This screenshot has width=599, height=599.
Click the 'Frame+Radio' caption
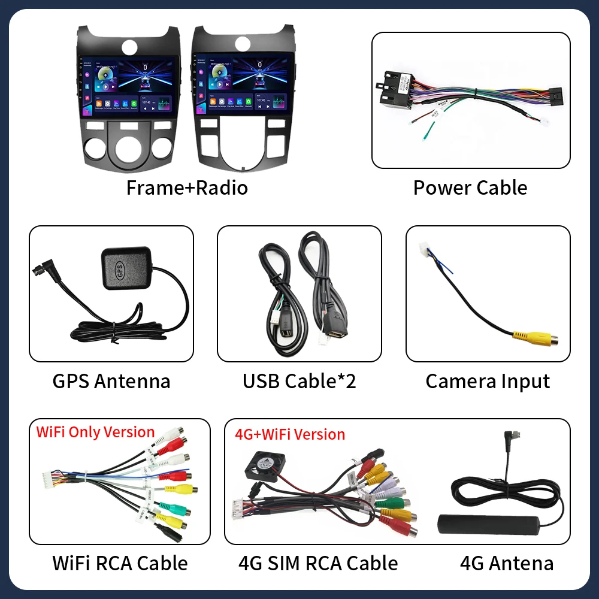click(x=187, y=187)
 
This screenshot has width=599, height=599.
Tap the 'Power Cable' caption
click(x=470, y=187)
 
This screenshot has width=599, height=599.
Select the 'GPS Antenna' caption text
click(x=111, y=381)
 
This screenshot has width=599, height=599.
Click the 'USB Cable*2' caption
click(x=299, y=381)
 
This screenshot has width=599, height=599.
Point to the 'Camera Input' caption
click(x=488, y=381)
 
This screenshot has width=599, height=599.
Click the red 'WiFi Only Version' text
click(x=96, y=432)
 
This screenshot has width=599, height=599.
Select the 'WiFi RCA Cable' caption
click(x=120, y=563)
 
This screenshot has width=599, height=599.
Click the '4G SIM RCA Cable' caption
click(x=317, y=563)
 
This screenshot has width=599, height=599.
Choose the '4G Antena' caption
click(x=507, y=563)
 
